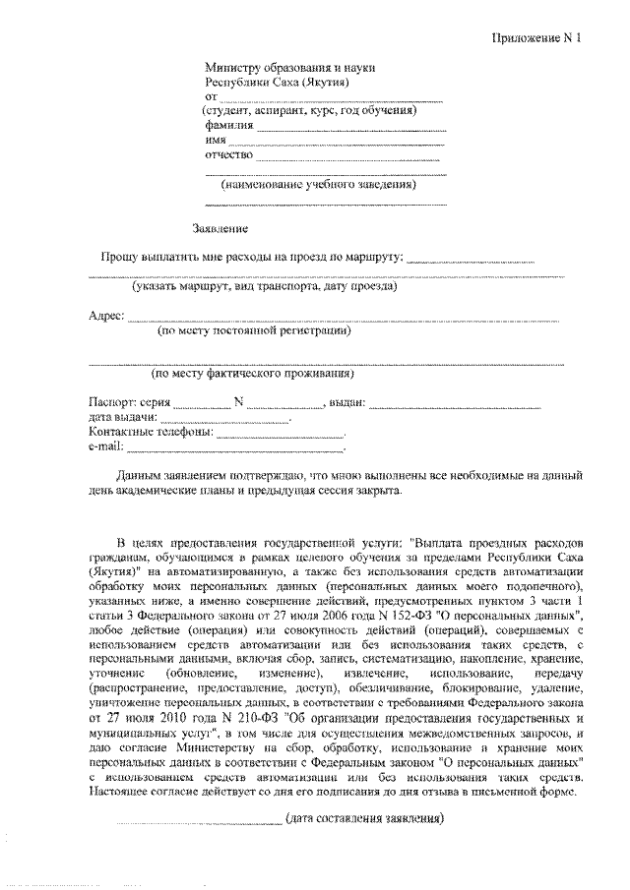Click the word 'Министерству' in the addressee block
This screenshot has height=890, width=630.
pos(240,67)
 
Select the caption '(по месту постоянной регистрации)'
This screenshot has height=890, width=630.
pos(255,332)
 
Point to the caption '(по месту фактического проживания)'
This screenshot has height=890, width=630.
pos(252,374)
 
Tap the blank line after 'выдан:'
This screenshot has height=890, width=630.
pos(455,404)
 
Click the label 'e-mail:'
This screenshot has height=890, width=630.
pos(104,446)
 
